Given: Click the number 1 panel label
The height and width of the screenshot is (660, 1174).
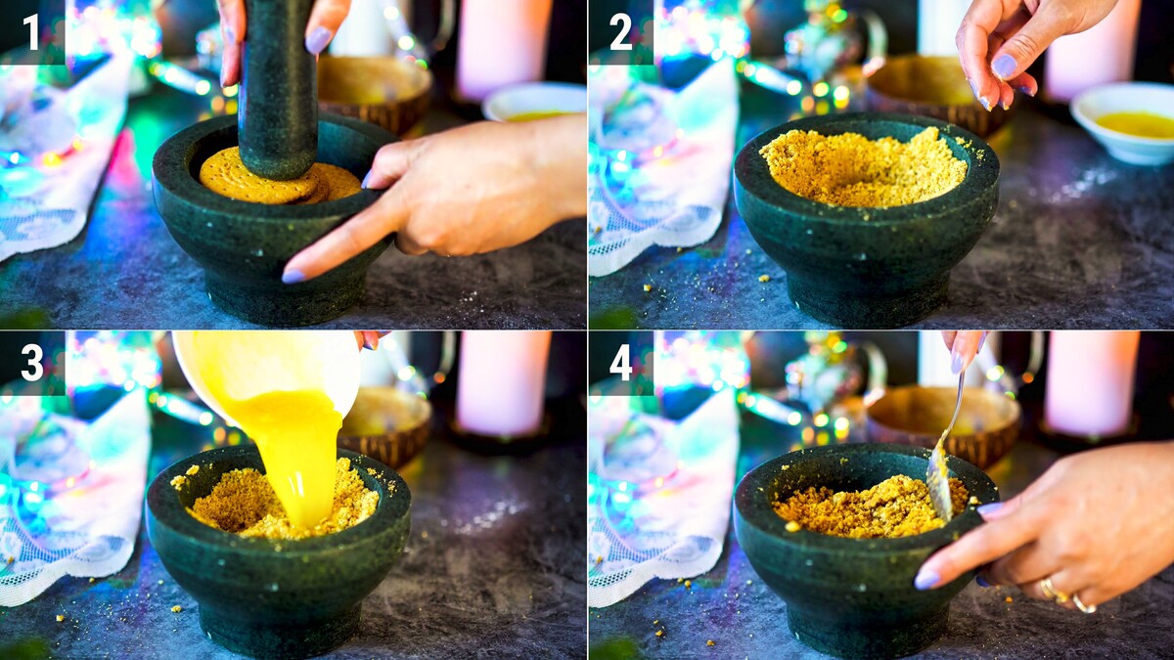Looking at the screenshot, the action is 31,32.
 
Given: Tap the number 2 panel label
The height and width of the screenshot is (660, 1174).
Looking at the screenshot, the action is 621,32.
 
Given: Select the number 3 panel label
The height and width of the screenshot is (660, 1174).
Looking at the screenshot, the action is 32,363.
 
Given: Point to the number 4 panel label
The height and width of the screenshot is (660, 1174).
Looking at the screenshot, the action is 621,363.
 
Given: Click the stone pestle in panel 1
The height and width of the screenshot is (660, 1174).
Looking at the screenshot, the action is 278,89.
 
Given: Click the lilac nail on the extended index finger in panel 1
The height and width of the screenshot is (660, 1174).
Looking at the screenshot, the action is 293,276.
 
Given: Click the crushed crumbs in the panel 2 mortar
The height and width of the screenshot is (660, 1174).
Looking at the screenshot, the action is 864,167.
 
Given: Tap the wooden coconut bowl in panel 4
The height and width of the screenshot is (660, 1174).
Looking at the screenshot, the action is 943,424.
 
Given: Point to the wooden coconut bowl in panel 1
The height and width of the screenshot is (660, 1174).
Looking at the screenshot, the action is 375,94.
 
